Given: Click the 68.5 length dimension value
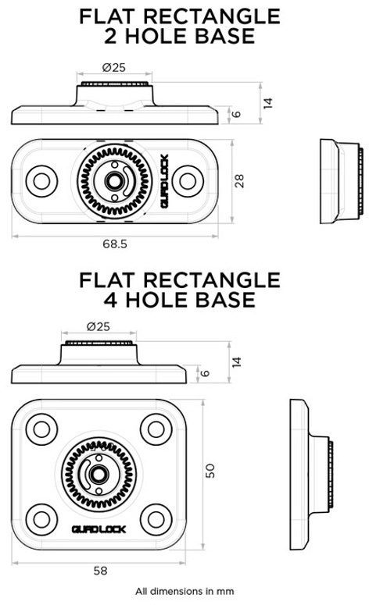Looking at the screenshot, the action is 115,244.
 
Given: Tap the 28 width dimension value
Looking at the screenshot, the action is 239,181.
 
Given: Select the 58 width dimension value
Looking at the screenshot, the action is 101,571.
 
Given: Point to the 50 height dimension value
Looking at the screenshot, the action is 210,471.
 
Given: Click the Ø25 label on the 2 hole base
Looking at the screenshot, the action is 114,67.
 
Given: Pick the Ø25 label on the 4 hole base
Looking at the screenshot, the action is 99,326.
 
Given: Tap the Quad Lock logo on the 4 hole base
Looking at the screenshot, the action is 99,529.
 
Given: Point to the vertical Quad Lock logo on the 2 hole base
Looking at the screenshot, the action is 165,181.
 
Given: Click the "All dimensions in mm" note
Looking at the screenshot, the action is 184,591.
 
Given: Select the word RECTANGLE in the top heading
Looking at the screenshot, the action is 212,16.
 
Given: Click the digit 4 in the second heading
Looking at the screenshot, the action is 110,300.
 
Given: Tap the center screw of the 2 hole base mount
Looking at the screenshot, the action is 113,180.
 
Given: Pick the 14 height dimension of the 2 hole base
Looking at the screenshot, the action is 268,103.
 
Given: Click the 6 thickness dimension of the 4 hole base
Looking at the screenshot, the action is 205,373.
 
